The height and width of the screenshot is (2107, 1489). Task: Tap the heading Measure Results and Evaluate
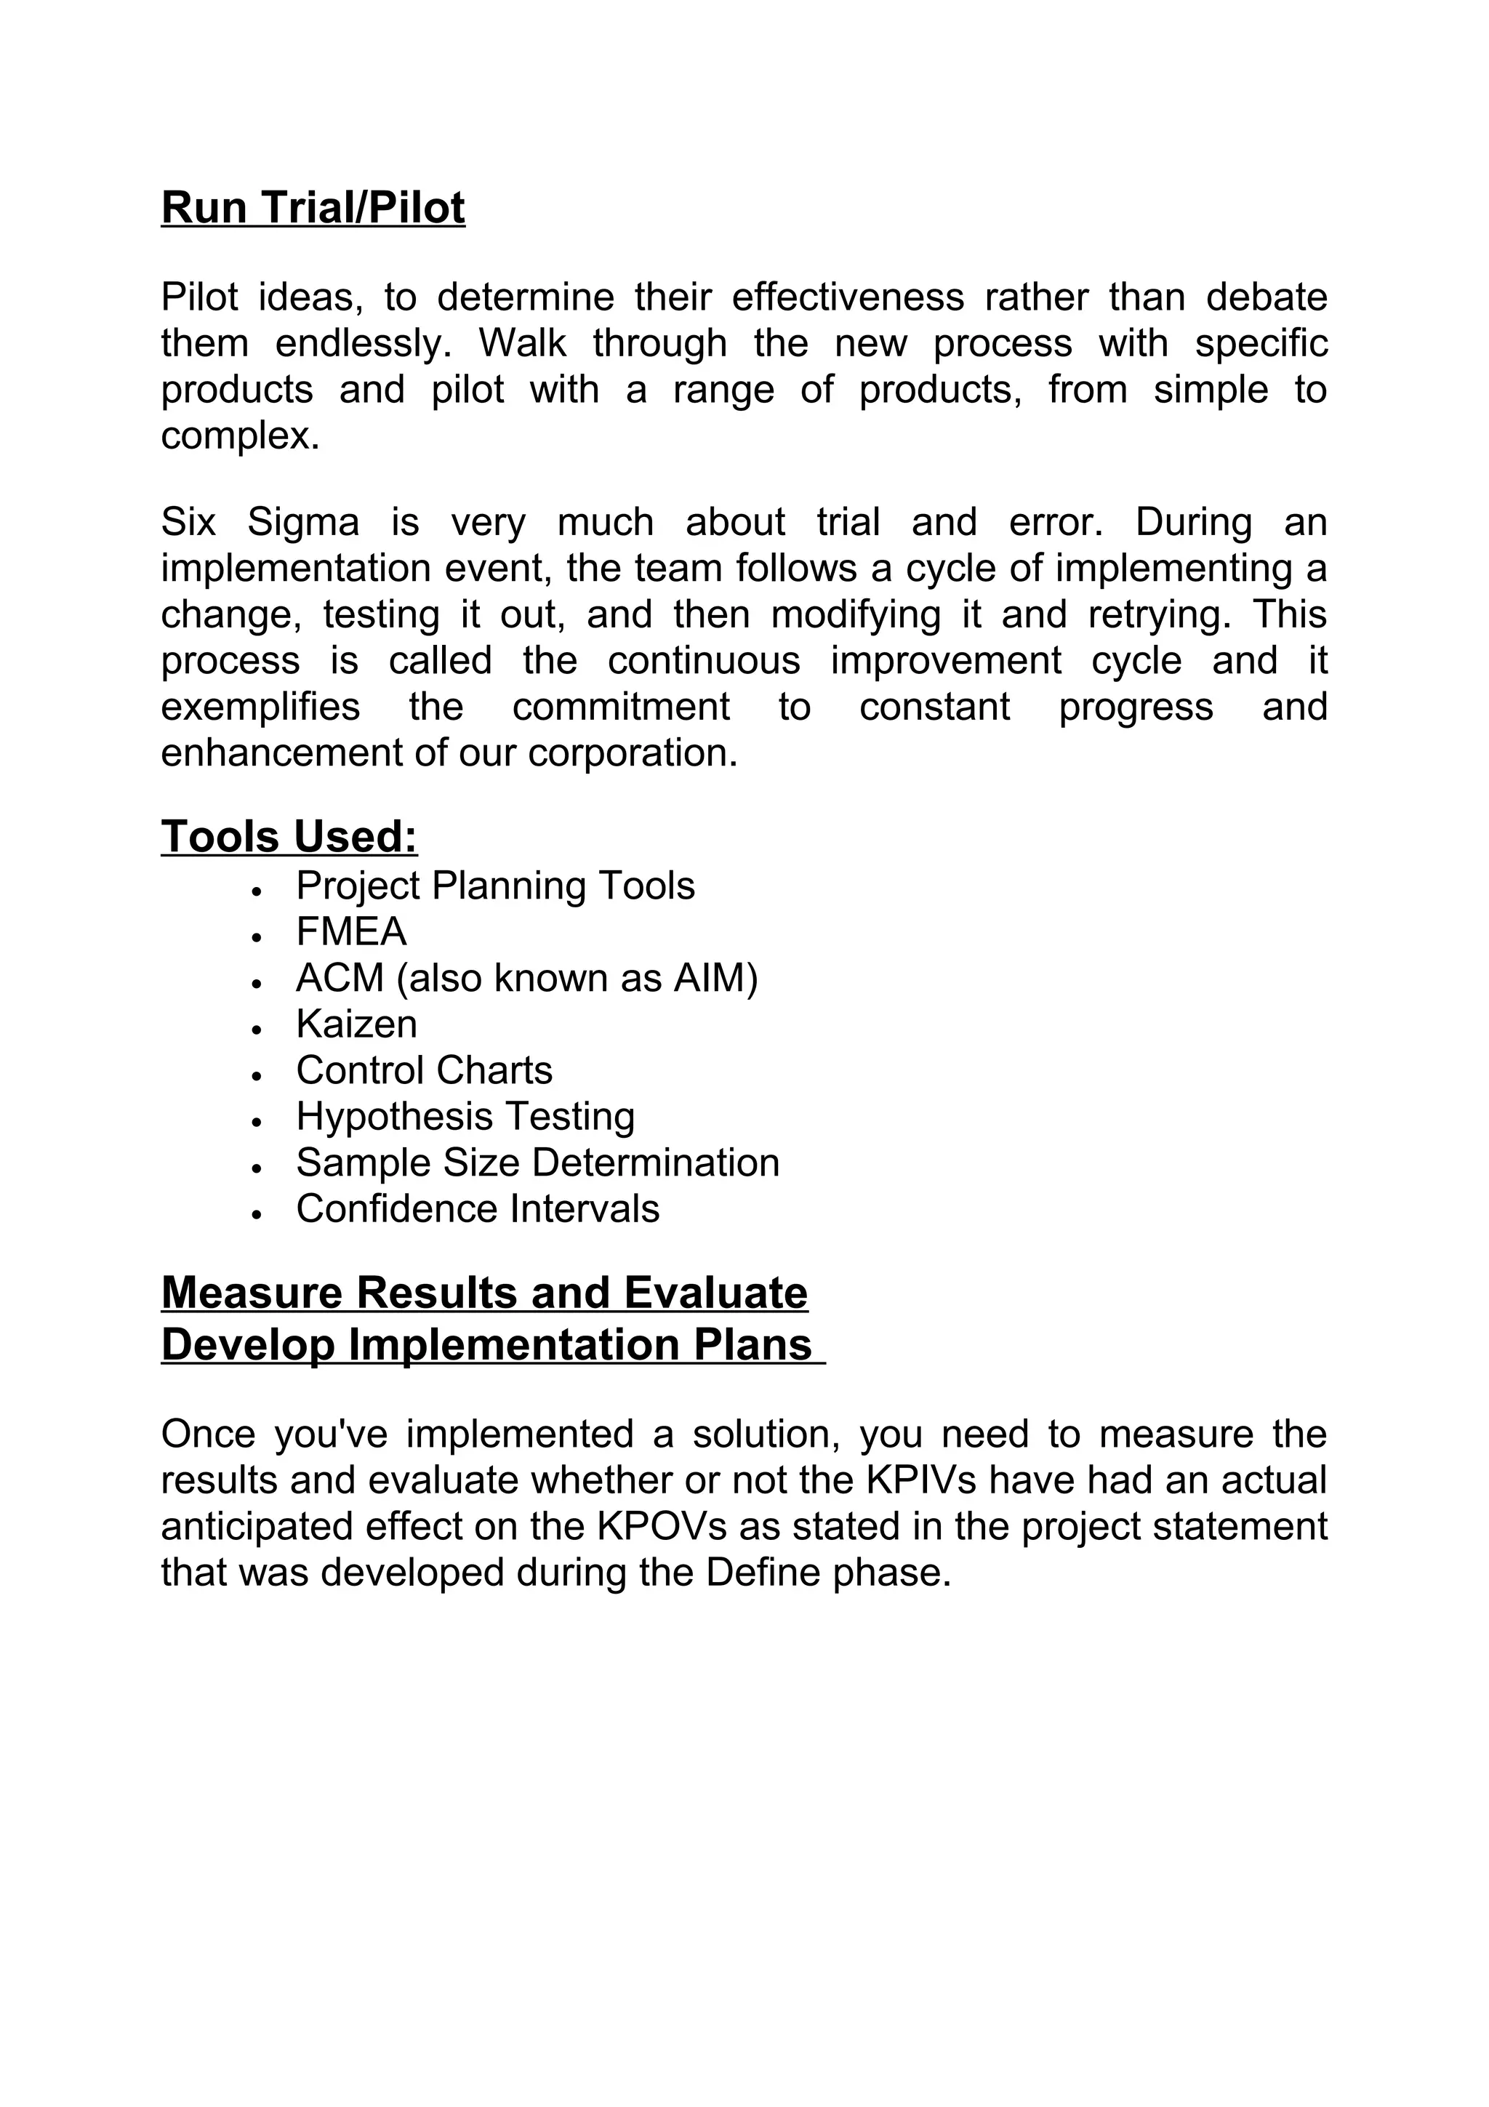[x=484, y=1292]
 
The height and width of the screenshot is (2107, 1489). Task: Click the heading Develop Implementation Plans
[x=486, y=1344]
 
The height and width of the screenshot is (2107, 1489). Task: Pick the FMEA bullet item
[x=350, y=931]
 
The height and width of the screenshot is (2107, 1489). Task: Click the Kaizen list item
[x=356, y=1024]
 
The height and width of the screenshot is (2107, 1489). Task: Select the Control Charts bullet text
[x=424, y=1070]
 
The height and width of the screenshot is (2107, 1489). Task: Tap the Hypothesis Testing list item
[x=465, y=1116]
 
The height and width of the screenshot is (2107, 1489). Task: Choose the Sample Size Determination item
[x=537, y=1163]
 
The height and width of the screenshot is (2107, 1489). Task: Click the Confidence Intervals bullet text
[x=477, y=1208]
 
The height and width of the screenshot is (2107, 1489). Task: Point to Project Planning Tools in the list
[x=495, y=886]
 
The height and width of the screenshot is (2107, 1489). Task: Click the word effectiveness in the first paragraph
[x=848, y=297]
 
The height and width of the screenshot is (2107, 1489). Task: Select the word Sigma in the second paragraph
[x=302, y=523]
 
